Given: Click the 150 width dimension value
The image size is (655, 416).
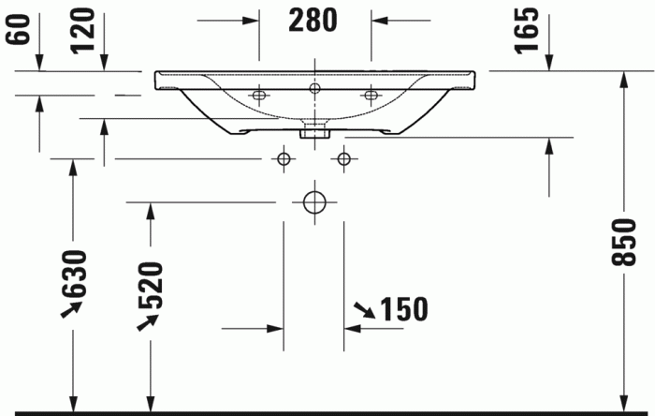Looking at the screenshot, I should click(x=403, y=308).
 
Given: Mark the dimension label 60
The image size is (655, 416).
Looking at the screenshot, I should click(x=17, y=27).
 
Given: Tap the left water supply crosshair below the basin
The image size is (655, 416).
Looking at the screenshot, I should click(x=283, y=158).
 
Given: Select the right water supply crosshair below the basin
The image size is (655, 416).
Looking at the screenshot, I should click(x=344, y=158).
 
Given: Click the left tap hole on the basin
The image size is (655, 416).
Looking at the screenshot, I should click(x=258, y=94).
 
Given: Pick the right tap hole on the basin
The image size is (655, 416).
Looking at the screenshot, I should click(x=371, y=94).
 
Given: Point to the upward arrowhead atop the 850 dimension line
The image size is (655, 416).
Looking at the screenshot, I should click(x=623, y=81).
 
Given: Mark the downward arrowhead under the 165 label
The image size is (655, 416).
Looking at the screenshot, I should click(x=549, y=60).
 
